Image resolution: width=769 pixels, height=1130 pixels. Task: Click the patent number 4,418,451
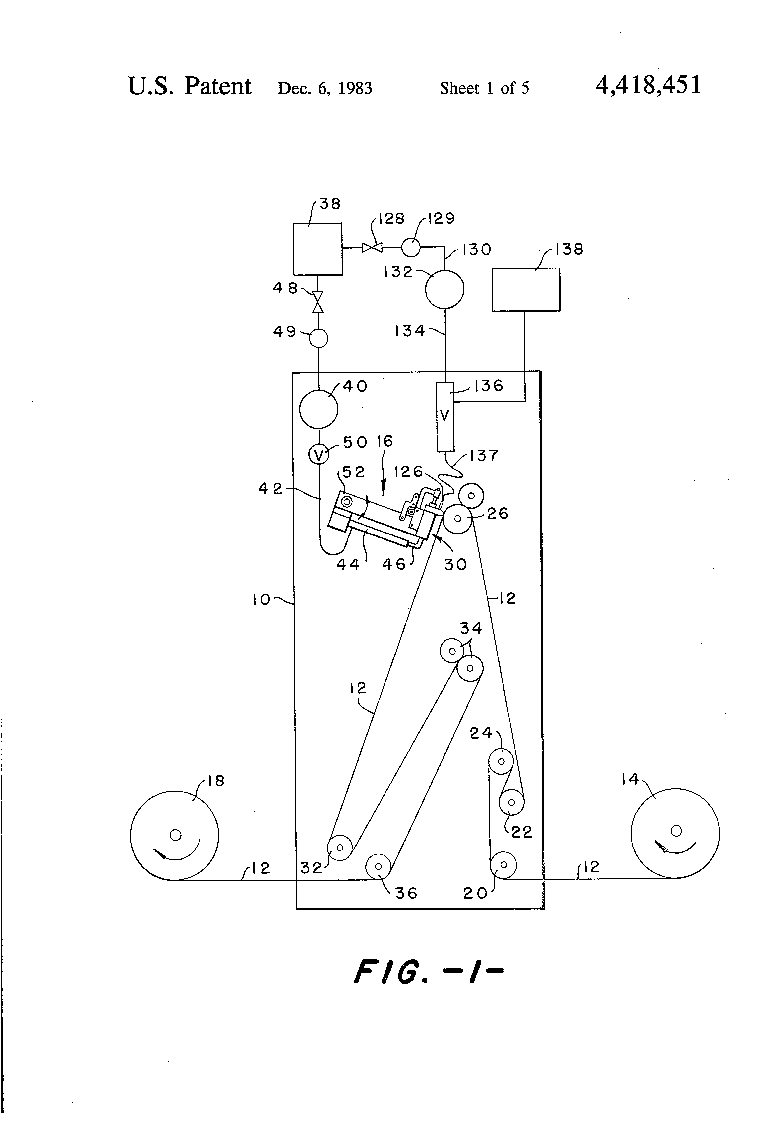point(648,85)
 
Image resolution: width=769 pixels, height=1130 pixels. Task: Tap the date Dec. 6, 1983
point(325,88)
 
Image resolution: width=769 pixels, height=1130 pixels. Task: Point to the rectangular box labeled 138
point(525,289)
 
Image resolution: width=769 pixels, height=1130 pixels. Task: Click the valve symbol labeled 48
point(318,302)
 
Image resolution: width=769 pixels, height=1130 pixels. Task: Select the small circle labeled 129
point(411,247)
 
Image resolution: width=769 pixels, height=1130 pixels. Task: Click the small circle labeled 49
point(319,338)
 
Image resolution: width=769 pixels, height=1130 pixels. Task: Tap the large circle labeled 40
point(319,409)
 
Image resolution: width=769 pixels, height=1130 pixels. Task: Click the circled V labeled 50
point(319,455)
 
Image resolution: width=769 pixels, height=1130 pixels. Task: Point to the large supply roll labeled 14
point(675,833)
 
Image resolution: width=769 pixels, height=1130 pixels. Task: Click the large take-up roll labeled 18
point(174,835)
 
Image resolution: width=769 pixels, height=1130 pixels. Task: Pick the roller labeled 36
point(378,866)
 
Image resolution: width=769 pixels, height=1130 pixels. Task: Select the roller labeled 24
point(501,761)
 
